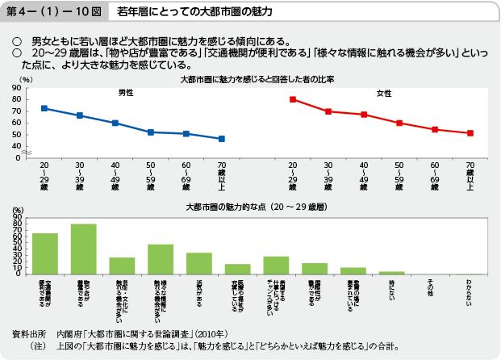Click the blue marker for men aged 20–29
[x=44, y=108]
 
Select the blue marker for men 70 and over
[x=222, y=139]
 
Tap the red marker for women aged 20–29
[x=293, y=99]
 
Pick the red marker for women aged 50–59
[x=399, y=123]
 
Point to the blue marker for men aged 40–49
[x=115, y=123]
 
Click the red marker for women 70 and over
[x=470, y=133]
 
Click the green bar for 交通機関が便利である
[x=45, y=253]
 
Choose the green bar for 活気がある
[x=199, y=263]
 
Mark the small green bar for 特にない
[x=391, y=273]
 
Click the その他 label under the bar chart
[x=430, y=287]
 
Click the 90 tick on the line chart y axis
[x=16, y=87]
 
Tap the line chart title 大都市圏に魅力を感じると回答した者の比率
[x=250, y=81]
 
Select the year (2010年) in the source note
[x=216, y=333]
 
